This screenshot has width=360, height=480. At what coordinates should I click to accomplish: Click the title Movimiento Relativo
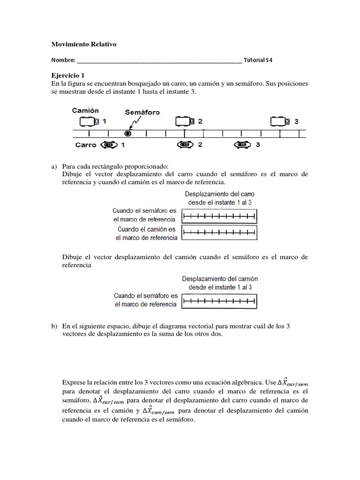[x=83, y=44]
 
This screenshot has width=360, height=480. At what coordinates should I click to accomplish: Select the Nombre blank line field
[x=159, y=60]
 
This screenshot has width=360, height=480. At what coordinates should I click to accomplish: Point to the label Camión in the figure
[x=85, y=111]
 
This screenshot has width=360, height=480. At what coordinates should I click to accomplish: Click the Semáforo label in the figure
[x=142, y=112]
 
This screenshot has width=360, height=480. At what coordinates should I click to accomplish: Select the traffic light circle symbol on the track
[x=127, y=133]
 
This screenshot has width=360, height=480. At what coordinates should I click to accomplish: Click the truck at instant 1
[x=89, y=121]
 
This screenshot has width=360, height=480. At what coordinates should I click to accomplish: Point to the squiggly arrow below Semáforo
[x=134, y=122]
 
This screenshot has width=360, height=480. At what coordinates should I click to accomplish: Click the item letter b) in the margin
[x=53, y=325]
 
